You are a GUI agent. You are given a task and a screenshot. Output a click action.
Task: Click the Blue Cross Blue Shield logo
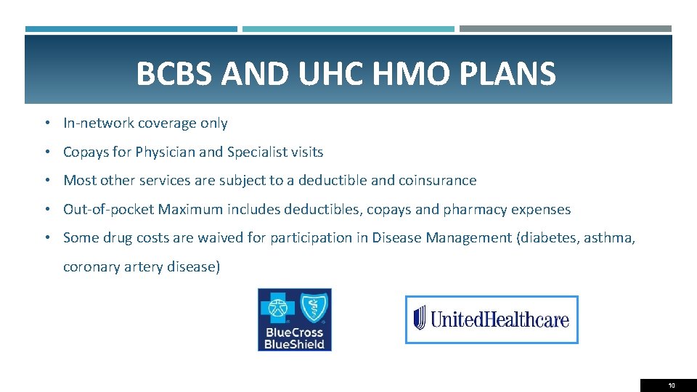pyautogui.click(x=295, y=319)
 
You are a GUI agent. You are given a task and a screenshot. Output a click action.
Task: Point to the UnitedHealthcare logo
pyautogui.click(x=492, y=319)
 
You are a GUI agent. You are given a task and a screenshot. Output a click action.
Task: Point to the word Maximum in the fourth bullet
pyautogui.click(x=189, y=210)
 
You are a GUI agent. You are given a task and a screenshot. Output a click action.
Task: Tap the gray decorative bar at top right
pyautogui.click(x=566, y=29)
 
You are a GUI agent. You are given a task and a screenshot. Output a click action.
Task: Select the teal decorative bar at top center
pyautogui.click(x=348, y=29)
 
